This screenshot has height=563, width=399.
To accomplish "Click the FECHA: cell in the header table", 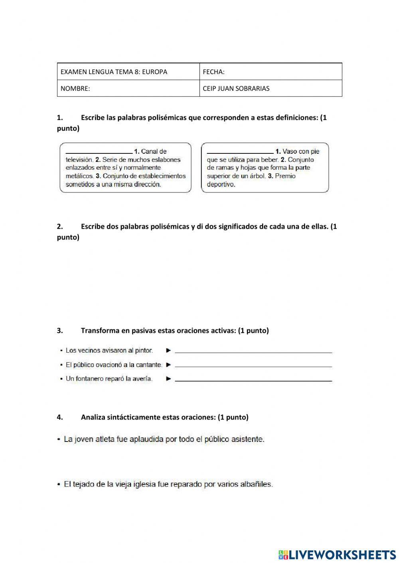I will point(271,72).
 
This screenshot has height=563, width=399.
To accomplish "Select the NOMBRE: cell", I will point(128,88).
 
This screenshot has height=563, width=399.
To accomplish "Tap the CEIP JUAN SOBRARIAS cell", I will point(271,88).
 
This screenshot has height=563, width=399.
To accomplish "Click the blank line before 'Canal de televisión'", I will point(99,152).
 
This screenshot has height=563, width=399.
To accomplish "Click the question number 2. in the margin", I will point(60,226).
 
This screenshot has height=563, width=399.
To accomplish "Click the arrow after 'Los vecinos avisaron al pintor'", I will point(169,351).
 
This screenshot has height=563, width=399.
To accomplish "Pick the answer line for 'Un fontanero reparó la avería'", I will point(253,381).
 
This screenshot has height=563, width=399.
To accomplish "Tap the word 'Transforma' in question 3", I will point(98,330).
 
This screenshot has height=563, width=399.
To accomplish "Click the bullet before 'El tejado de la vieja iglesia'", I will point(59,485).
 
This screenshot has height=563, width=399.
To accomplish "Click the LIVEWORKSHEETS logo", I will point(337,554).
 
